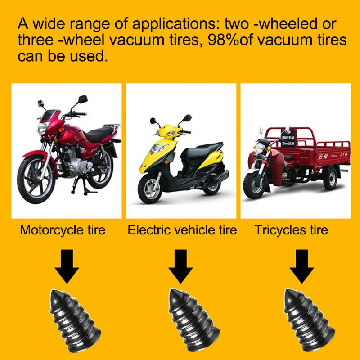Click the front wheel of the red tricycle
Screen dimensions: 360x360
point(254,184)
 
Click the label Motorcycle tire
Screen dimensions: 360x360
point(63,230)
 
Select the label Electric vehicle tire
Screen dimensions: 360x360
point(182,230)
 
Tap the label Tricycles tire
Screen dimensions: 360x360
point(291,230)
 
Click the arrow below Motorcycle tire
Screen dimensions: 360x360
point(67,268)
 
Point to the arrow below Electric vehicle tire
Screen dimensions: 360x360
point(180,268)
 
